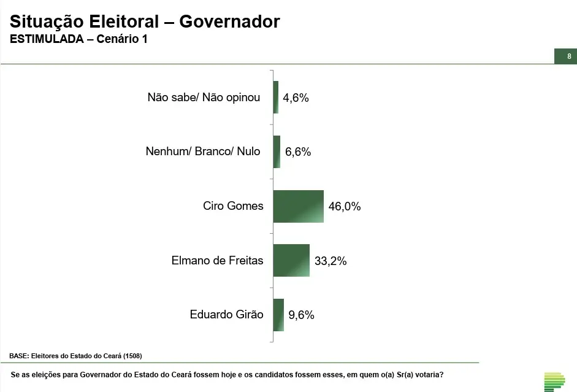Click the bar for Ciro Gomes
click(298, 206)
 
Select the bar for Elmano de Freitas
click(291, 260)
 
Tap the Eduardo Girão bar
click(278, 315)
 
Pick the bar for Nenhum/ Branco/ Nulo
click(277, 152)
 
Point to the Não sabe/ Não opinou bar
click(276, 97)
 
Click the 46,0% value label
click(345, 207)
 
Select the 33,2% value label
click(331, 261)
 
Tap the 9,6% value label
click(301, 315)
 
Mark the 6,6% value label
click(298, 152)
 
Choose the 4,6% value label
click(296, 98)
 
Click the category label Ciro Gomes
click(233, 206)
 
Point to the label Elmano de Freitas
click(217, 260)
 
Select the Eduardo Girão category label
click(226, 315)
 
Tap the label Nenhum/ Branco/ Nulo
click(203, 152)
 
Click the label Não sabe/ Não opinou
click(204, 97)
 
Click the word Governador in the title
click(229, 21)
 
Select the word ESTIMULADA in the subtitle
click(47, 39)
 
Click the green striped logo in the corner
click(554, 381)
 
